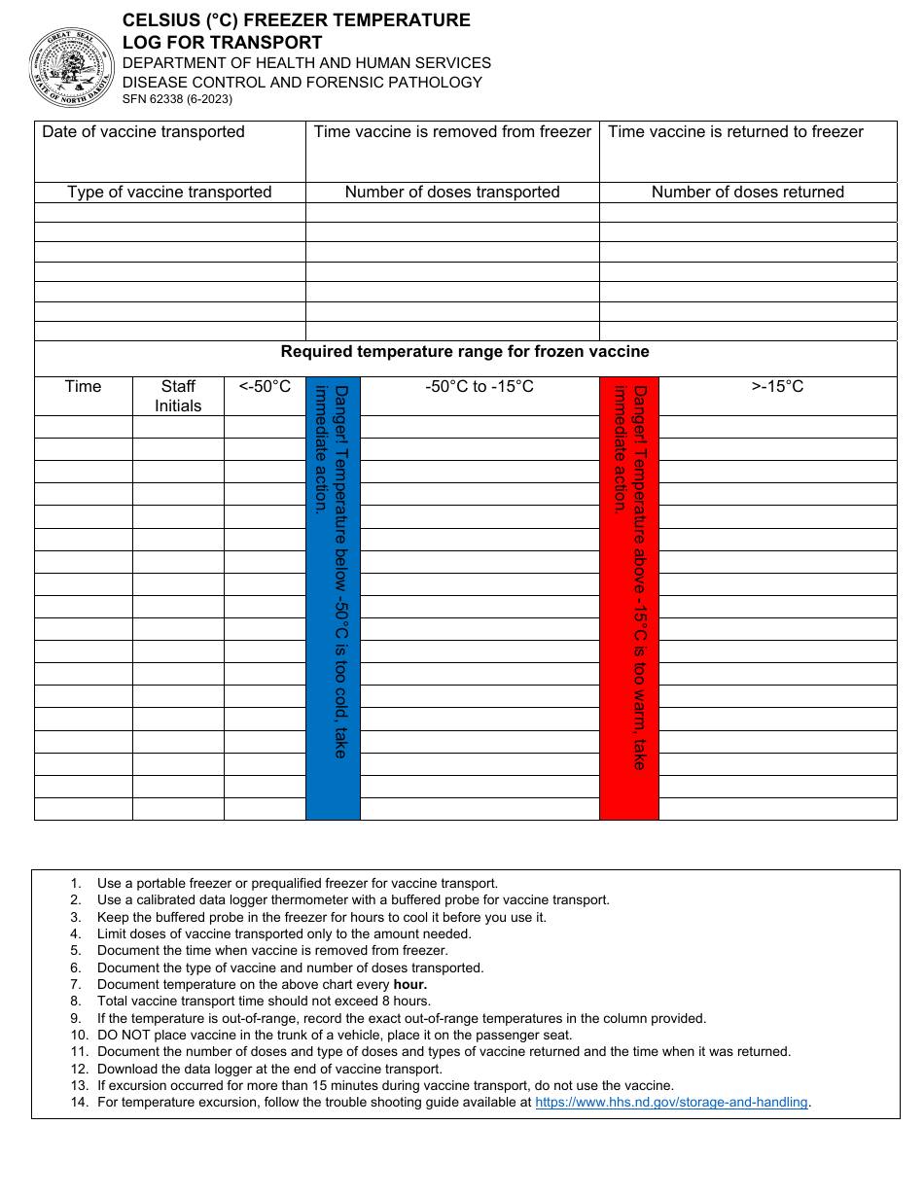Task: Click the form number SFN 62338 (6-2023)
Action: click(177, 99)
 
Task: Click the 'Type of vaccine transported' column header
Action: click(169, 193)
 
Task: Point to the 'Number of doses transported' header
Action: click(452, 193)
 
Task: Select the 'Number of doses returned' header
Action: click(747, 193)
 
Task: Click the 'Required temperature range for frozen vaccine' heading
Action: click(465, 352)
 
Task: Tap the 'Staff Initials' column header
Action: click(178, 397)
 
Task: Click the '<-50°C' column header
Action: click(265, 387)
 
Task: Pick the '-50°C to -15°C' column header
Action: click(480, 387)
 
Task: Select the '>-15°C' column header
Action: click(777, 387)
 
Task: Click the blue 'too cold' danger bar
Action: click(333, 598)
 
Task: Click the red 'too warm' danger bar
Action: click(629, 598)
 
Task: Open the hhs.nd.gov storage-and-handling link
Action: click(671, 1103)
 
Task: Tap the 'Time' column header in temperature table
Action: click(83, 387)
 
